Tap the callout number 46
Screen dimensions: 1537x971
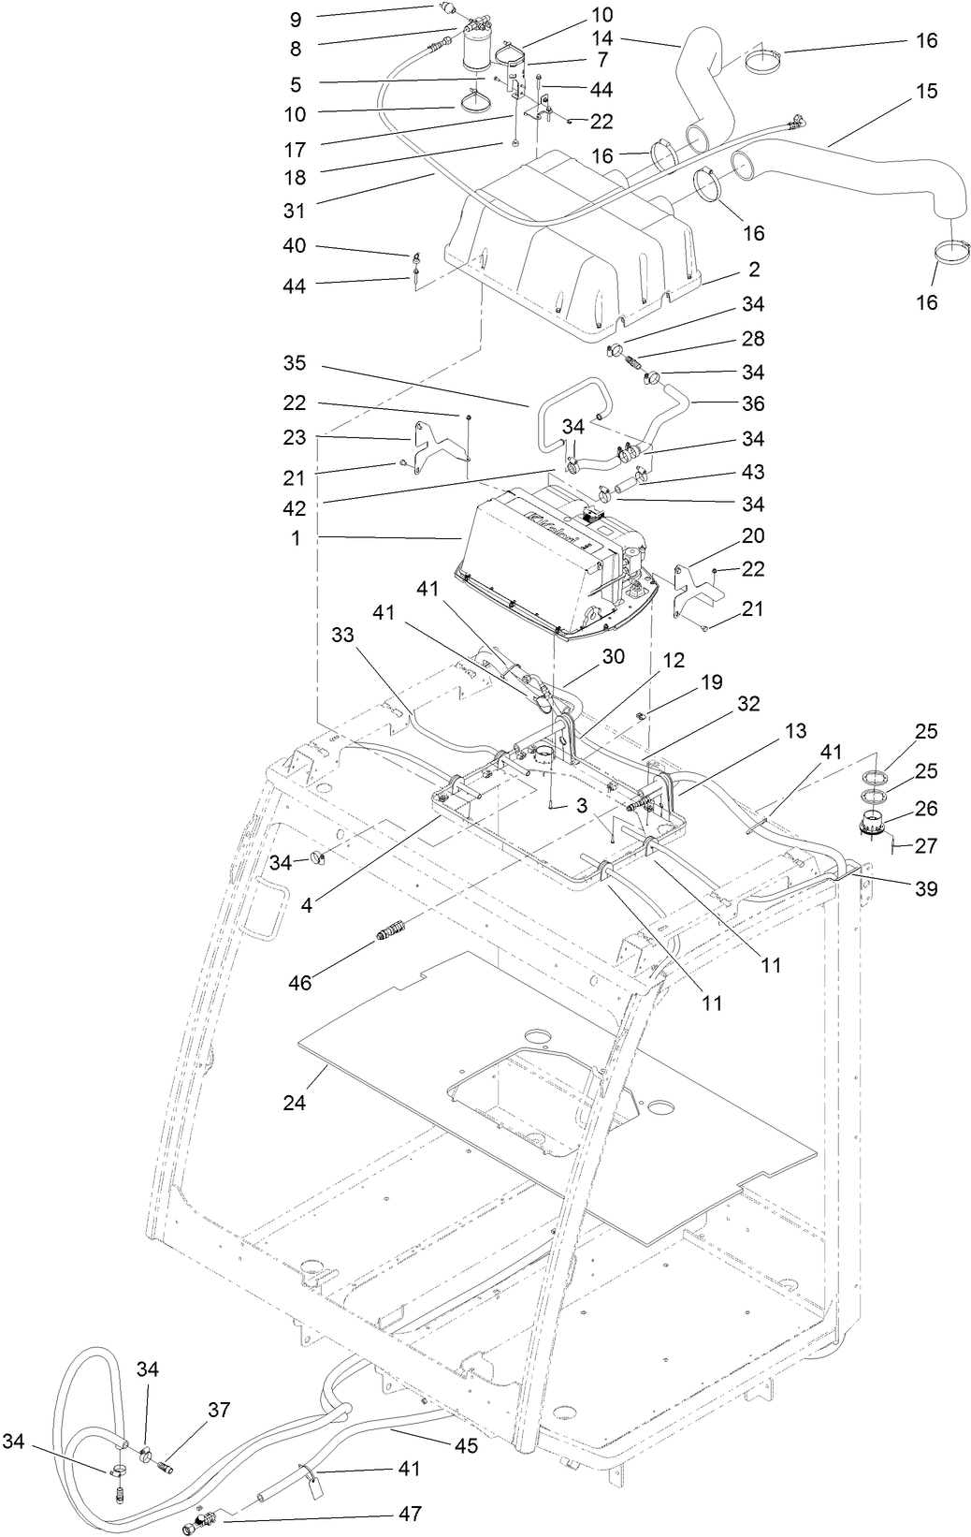(299, 983)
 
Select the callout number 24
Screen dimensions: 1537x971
(295, 1102)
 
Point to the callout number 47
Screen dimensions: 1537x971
(409, 1514)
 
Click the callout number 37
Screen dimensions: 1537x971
(218, 1410)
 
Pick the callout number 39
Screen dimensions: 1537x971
(925, 888)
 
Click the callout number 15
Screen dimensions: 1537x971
(926, 92)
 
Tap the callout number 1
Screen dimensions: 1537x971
(296, 540)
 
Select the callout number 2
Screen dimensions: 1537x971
(753, 270)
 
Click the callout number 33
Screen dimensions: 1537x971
(343, 633)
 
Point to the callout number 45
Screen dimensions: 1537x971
(466, 1445)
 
